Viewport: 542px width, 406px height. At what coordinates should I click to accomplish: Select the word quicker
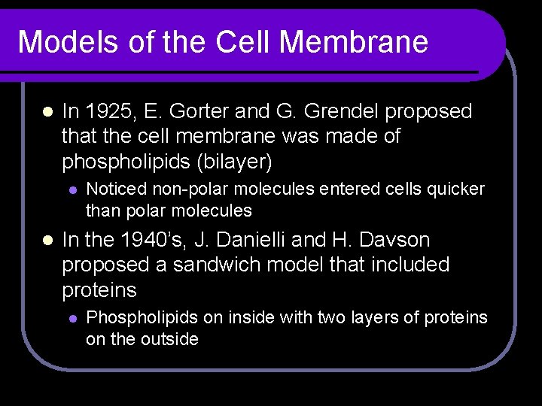pyautogui.click(x=455, y=189)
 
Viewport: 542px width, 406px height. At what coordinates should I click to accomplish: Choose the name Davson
pyautogui.click(x=390, y=240)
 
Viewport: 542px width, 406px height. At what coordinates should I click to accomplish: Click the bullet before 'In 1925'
pyautogui.click(x=46, y=113)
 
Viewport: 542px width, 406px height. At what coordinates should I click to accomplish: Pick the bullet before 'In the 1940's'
pyautogui.click(x=46, y=241)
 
